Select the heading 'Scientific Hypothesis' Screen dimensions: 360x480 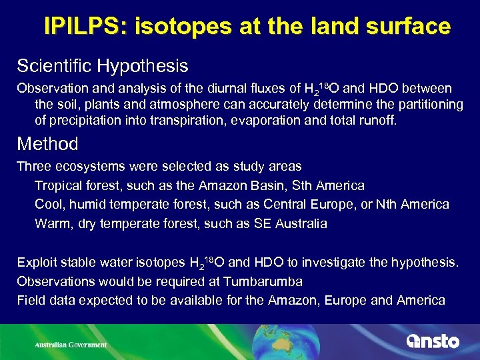point(103,66)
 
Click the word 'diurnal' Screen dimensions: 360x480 point(212,89)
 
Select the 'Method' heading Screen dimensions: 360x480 point(47,144)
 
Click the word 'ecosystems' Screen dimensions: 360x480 point(86,166)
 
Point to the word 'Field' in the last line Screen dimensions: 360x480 point(30,300)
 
